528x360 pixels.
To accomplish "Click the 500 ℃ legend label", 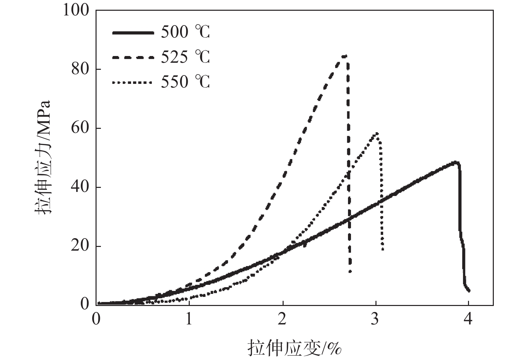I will [185, 33].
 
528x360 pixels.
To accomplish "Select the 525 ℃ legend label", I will [185, 57].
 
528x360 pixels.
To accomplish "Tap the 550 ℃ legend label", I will [185, 82].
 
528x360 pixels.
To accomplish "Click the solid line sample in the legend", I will [133, 33].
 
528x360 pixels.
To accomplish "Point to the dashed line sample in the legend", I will [133, 57].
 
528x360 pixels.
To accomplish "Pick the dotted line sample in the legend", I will [133, 82].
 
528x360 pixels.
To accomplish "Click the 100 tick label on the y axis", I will [76, 10].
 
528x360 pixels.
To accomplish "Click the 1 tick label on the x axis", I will [189, 319].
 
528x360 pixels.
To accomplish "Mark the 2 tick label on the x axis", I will [282, 319].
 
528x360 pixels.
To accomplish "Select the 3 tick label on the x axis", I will [375, 319].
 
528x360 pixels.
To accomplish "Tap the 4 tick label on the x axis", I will [469, 319].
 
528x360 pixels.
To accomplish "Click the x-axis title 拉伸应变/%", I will [294, 347].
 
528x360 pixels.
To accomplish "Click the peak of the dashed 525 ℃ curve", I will [344, 56].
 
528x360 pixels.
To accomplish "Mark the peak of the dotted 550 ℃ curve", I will [377, 133].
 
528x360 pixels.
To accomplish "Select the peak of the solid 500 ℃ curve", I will [455, 162].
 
